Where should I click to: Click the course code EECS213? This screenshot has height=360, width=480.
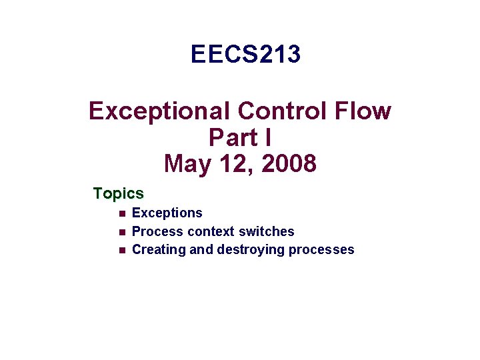pyautogui.click(x=245, y=55)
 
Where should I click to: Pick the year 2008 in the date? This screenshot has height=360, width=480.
pyautogui.click(x=289, y=163)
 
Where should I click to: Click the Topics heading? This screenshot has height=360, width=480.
pyautogui.click(x=119, y=194)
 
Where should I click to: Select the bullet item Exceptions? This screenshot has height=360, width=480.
pyautogui.click(x=167, y=213)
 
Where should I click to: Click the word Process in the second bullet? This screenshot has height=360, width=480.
pyautogui.click(x=157, y=232)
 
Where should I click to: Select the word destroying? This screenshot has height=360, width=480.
pyautogui.click(x=251, y=250)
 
